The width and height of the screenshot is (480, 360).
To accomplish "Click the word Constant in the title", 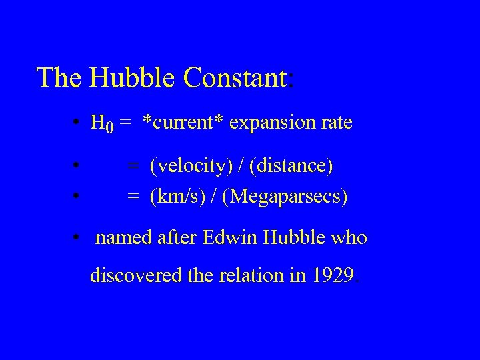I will pyautogui.click(x=235, y=77).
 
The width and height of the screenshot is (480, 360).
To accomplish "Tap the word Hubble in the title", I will pyautogui.click(x=134, y=77).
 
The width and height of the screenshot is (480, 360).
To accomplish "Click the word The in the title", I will pyautogui.click(x=59, y=77).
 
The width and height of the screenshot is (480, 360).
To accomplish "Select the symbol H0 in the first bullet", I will pyautogui.click(x=102, y=124).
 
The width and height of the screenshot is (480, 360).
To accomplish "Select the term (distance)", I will pyautogui.click(x=291, y=165).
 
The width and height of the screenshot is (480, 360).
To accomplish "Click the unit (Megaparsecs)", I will pyautogui.click(x=285, y=197).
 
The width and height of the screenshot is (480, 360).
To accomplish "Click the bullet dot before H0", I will pyautogui.click(x=78, y=123).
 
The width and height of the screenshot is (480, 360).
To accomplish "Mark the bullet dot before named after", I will pyautogui.click(x=78, y=238).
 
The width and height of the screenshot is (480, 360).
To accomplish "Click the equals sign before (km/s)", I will pyautogui.click(x=134, y=197).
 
